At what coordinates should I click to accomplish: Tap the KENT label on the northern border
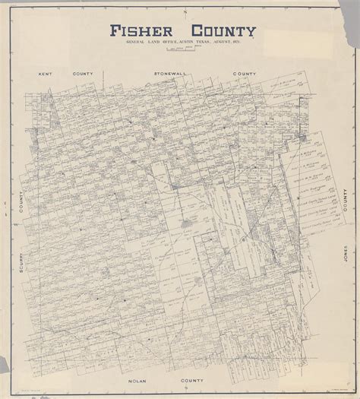(x=43, y=76)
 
